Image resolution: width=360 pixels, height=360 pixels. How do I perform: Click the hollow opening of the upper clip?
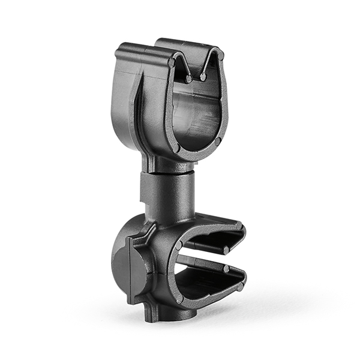click(195, 117)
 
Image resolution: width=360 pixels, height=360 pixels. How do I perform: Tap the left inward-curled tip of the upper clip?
click(188, 79)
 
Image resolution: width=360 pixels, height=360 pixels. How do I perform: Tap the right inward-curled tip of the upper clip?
click(203, 77)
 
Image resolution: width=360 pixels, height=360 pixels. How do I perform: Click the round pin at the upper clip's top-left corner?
click(172, 62)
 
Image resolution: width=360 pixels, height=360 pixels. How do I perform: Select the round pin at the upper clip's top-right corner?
click(220, 55)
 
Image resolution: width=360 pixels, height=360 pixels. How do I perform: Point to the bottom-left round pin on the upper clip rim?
click(176, 148)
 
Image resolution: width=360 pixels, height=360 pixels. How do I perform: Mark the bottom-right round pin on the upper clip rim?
click(217, 140)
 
